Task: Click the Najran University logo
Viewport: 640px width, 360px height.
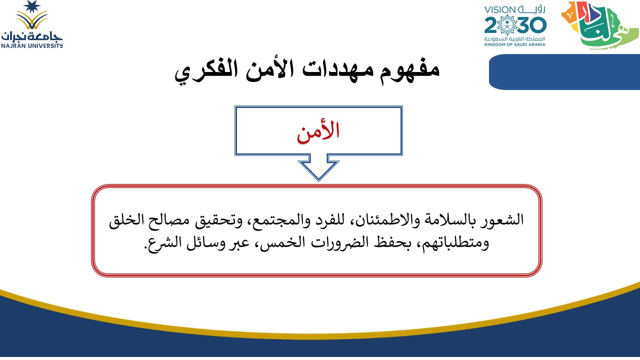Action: (x=31, y=24)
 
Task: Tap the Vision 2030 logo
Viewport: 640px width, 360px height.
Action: (x=515, y=25)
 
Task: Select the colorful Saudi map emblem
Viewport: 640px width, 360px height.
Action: (x=599, y=25)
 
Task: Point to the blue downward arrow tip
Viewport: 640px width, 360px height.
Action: (x=318, y=180)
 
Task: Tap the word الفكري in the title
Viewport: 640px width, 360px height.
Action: (x=206, y=71)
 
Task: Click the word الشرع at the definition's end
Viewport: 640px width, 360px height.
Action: (x=163, y=243)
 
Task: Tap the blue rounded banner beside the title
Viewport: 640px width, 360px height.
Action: (x=564, y=72)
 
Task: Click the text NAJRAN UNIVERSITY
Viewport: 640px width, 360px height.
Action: (x=31, y=45)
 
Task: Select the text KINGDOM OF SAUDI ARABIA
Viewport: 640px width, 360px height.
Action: (x=515, y=44)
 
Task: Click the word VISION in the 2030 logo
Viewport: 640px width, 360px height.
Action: (x=499, y=9)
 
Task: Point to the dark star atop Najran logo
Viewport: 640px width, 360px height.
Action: (x=31, y=6)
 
